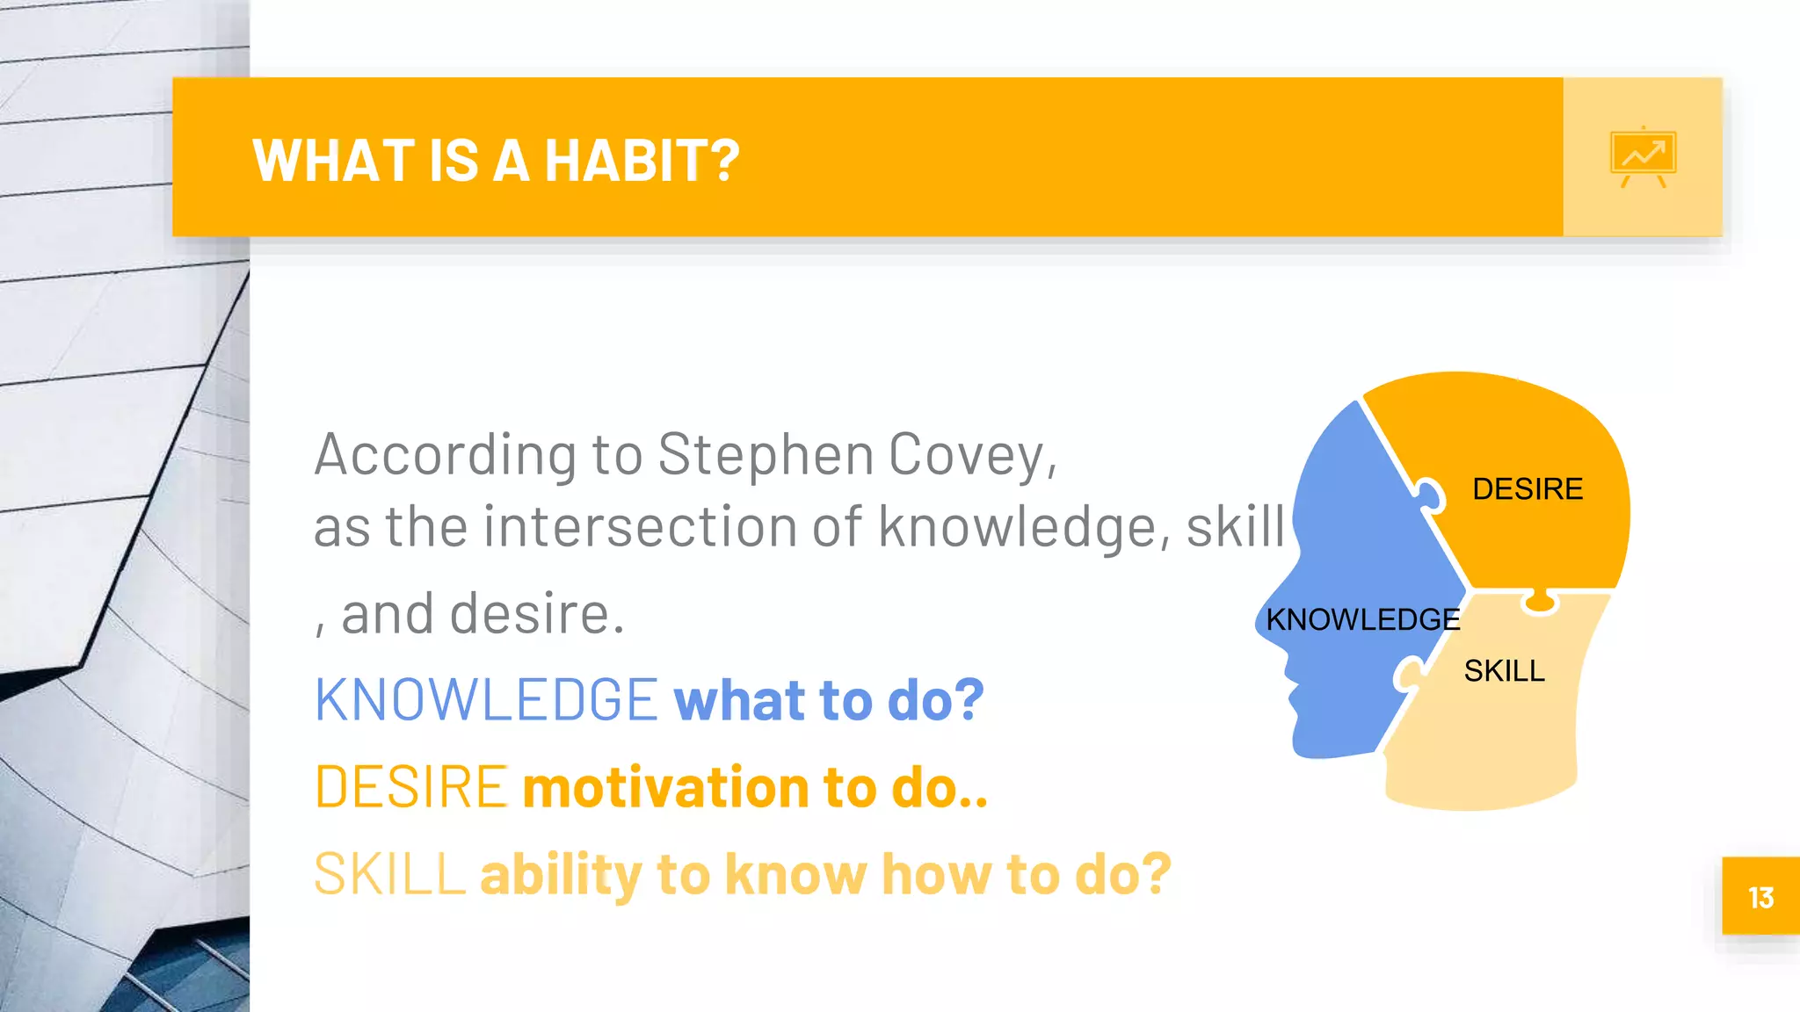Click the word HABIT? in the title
pyautogui.click(x=642, y=161)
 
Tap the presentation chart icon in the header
pyautogui.click(x=1643, y=157)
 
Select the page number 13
pyautogui.click(x=1760, y=898)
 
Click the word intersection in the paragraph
pyautogui.click(x=639, y=526)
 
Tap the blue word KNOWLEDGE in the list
pyautogui.click(x=486, y=700)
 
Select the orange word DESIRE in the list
pyautogui.click(x=410, y=786)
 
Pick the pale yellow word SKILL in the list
pyautogui.click(x=389, y=873)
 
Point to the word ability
pyautogui.click(x=561, y=876)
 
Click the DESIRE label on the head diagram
pyautogui.click(x=1528, y=489)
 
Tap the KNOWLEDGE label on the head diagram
pyautogui.click(x=1363, y=619)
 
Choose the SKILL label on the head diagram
pyautogui.click(x=1504, y=671)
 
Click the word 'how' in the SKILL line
pyautogui.click(x=936, y=874)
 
